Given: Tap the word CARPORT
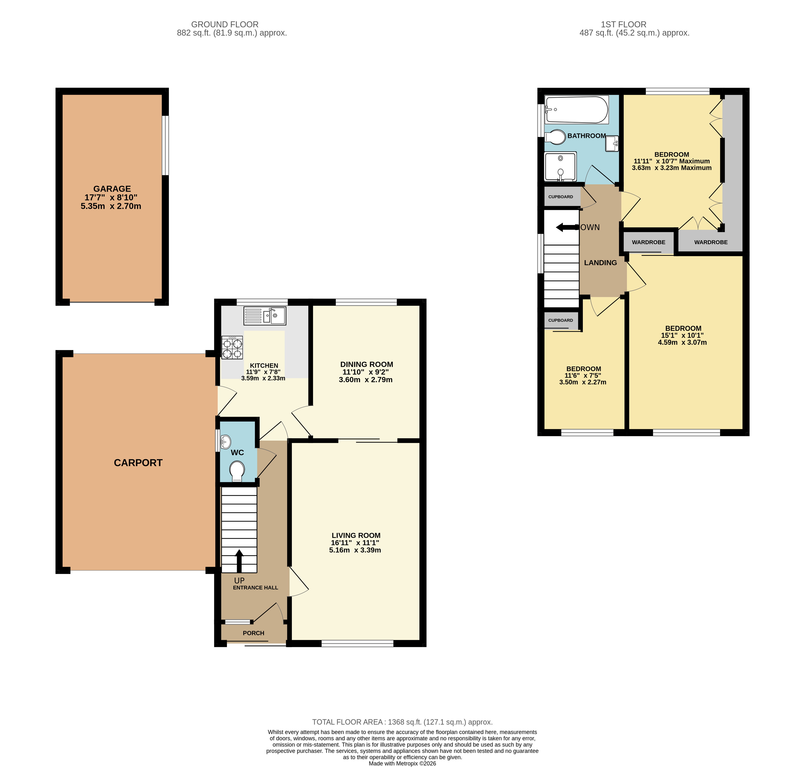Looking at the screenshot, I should (x=138, y=463).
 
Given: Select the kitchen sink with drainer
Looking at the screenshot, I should (x=265, y=316).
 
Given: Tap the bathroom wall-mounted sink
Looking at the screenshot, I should (x=612, y=144).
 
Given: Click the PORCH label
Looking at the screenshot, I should (x=253, y=633).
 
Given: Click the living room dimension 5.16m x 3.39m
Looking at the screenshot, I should (x=355, y=550).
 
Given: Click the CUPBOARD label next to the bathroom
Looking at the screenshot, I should (x=560, y=197).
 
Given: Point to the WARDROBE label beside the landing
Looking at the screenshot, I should (x=648, y=242).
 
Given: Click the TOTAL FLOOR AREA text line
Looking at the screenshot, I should (x=402, y=722).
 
